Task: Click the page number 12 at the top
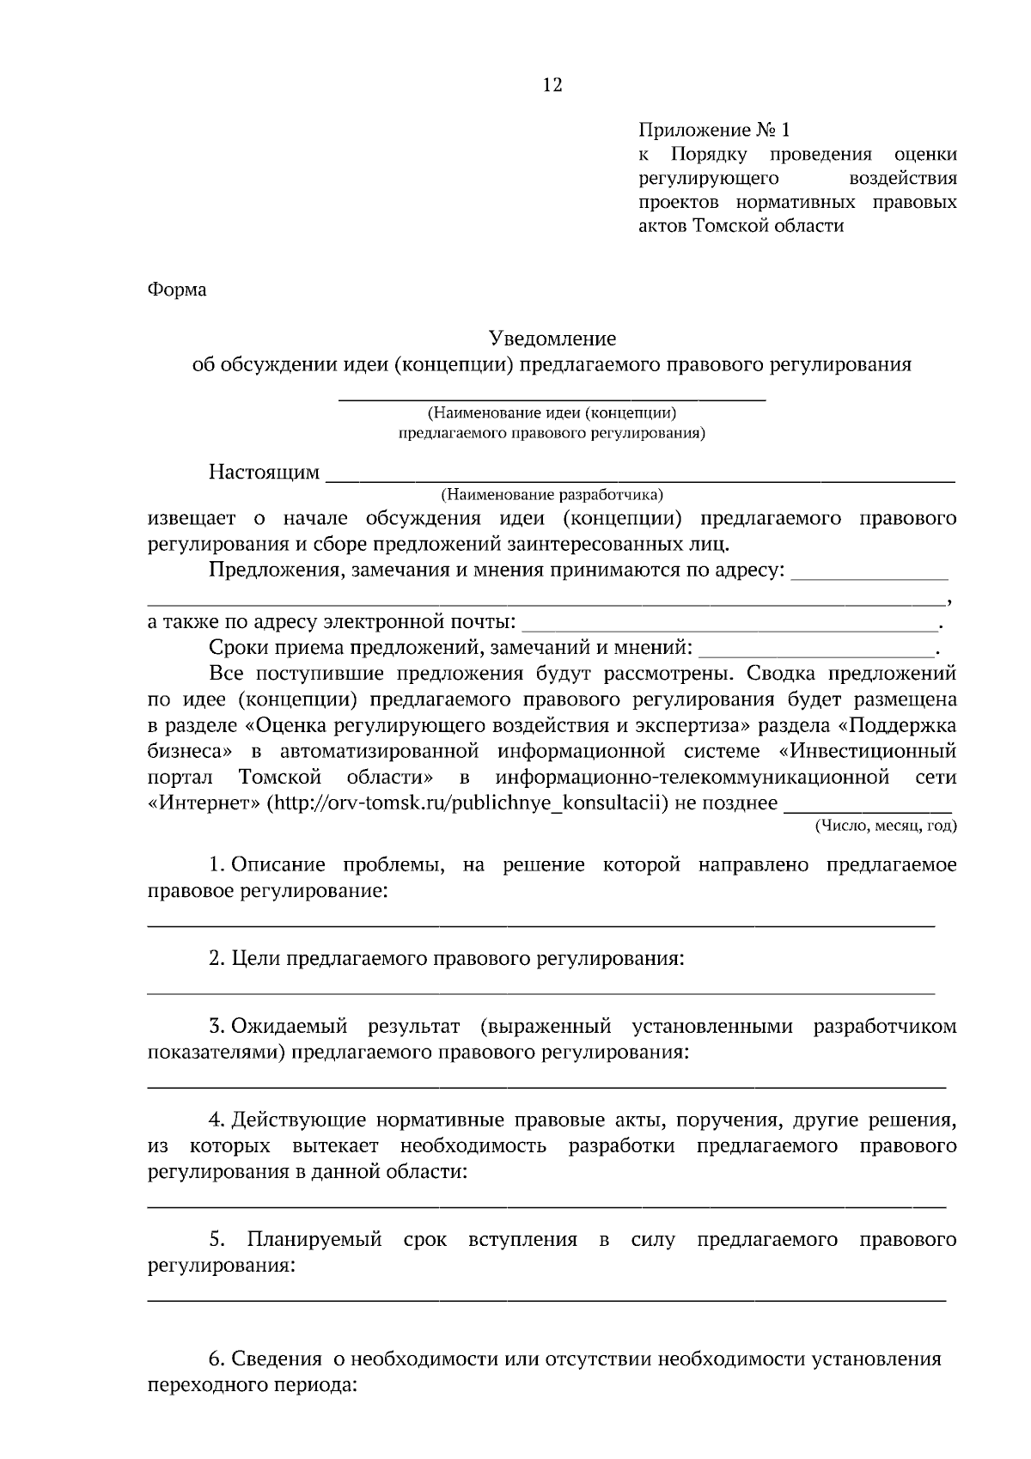(x=552, y=85)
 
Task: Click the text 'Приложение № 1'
(x=713, y=131)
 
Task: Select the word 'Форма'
(x=178, y=290)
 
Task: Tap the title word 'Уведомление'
(x=552, y=339)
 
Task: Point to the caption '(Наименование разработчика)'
(x=552, y=495)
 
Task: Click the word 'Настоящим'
(x=264, y=473)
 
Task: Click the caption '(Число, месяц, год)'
(x=886, y=826)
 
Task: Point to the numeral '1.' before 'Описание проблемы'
(x=217, y=865)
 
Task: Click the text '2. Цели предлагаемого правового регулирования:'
(x=447, y=958)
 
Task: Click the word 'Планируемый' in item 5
(x=314, y=1240)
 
